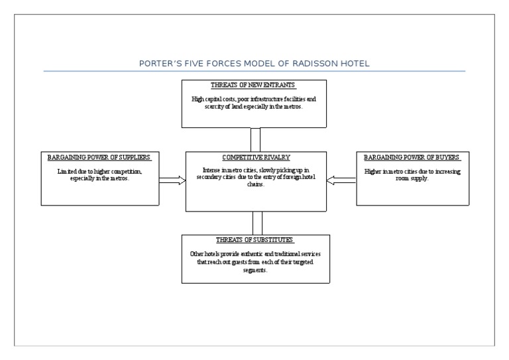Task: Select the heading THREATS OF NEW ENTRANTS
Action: [x=254, y=86]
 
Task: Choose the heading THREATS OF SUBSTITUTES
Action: [x=254, y=239]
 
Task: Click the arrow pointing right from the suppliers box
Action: [x=172, y=180]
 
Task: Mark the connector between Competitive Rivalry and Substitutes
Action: [x=258, y=222]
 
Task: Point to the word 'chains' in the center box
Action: [x=255, y=186]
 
